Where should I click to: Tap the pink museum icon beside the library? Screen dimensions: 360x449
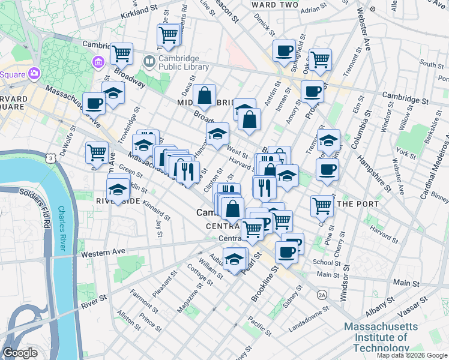[98, 62]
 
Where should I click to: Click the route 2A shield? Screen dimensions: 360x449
[322, 295]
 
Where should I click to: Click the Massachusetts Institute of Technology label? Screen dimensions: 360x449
[381, 337]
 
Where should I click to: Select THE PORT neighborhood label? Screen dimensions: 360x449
[358, 204]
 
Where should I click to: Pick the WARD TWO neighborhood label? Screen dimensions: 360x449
[274, 5]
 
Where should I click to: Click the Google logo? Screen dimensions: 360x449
[20, 353]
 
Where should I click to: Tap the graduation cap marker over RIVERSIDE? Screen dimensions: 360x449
[118, 189]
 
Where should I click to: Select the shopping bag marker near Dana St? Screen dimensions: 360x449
[204, 94]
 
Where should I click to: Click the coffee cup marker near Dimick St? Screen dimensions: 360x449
[284, 50]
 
